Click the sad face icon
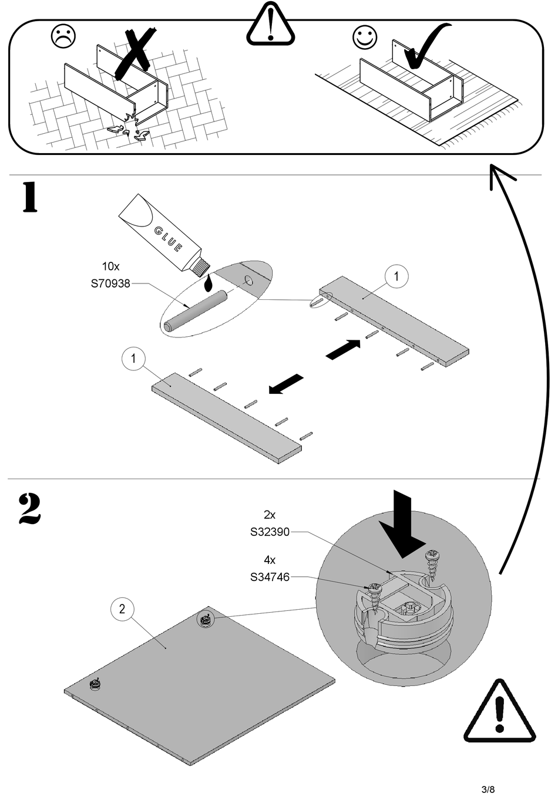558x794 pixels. pyautogui.click(x=63, y=36)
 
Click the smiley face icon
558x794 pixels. pyautogui.click(x=365, y=37)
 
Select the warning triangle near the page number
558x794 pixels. pyautogui.click(x=499, y=709)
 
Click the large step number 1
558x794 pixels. pyautogui.click(x=30, y=197)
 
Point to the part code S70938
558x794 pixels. pyautogui.click(x=110, y=283)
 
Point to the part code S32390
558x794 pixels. pyautogui.click(x=270, y=532)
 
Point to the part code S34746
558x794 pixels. pyautogui.click(x=270, y=577)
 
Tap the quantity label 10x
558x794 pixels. pyautogui.click(x=110, y=266)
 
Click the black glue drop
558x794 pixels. pyautogui.click(x=209, y=282)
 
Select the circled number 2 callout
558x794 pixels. pyautogui.click(x=122, y=609)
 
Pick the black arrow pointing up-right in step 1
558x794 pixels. pyautogui.click(x=343, y=350)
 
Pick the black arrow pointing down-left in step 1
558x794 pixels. pyautogui.click(x=286, y=384)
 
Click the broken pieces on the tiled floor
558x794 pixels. pyautogui.click(x=129, y=129)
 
